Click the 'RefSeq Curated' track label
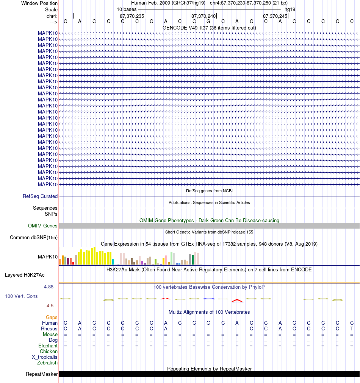[x=40, y=196]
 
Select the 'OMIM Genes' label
[x=42, y=226]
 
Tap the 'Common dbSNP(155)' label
[x=34, y=237]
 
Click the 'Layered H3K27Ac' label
[x=25, y=275]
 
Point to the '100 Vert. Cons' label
[x=21, y=296]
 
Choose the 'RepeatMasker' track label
[x=42, y=374]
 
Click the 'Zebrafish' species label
[x=47, y=363]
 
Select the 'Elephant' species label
[x=48, y=346]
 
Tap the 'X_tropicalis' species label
[x=44, y=357]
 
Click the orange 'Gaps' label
[x=52, y=317]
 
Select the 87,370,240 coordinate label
[x=203, y=16]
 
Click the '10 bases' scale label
[x=127, y=9]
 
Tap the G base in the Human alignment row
[x=208, y=323]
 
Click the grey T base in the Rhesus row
[x=352, y=329]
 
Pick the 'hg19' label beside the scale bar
[x=290, y=9]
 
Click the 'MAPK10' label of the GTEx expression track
[x=48, y=257]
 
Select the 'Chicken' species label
[x=49, y=351]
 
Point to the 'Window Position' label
[x=39, y=3]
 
